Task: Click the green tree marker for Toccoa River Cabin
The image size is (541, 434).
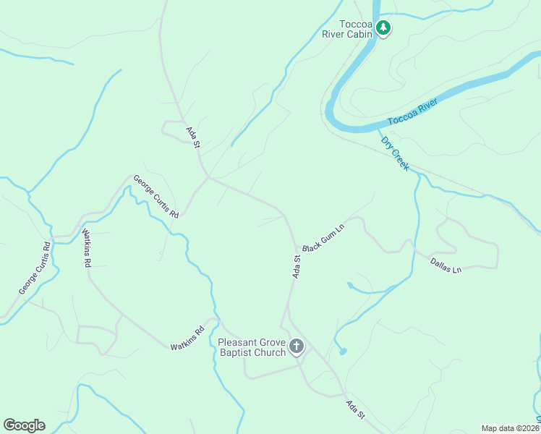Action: click(383, 29)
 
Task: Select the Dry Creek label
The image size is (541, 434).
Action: click(395, 153)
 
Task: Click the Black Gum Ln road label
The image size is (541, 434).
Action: click(323, 237)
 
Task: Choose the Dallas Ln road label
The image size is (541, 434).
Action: click(446, 265)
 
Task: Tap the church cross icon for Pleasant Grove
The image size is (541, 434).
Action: click(296, 347)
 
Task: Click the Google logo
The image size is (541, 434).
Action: click(24, 425)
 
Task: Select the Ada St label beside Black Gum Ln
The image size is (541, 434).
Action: click(297, 266)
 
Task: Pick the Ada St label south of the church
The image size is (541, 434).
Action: click(356, 410)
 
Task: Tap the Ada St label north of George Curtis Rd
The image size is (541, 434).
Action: click(192, 137)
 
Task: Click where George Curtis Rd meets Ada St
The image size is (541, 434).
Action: click(209, 177)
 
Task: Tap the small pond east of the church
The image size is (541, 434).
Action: click(342, 352)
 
